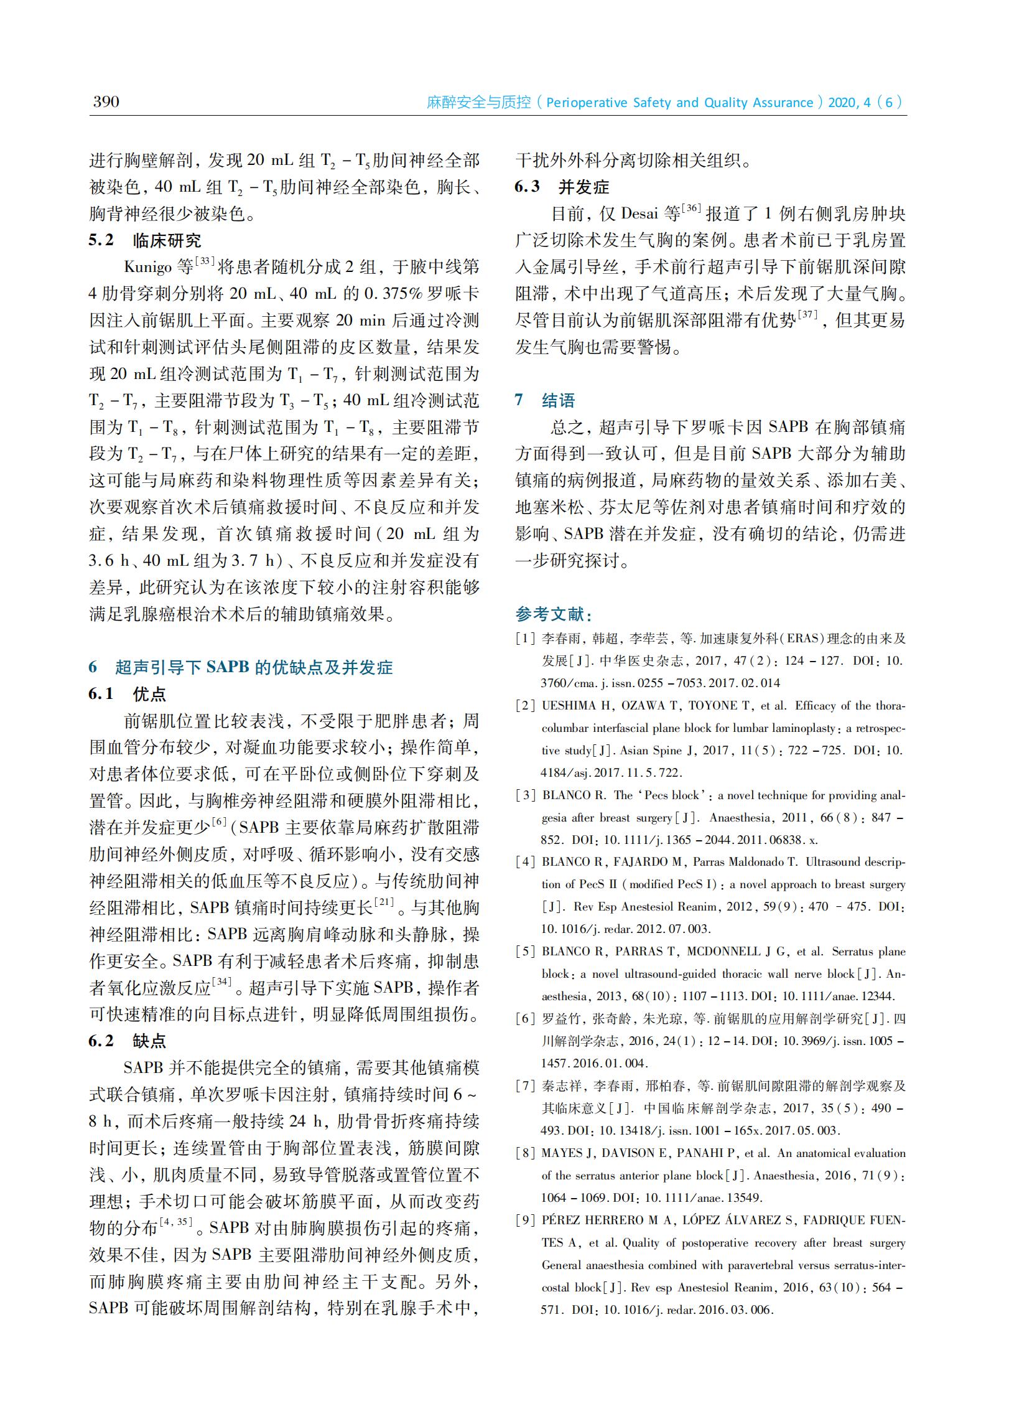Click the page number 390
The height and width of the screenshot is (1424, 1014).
coord(106,102)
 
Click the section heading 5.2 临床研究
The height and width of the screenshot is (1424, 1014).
coord(144,240)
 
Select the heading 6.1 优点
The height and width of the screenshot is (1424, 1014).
coord(127,694)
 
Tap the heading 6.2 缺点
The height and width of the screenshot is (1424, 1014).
coord(127,1041)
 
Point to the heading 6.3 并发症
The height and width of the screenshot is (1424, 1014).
coord(561,187)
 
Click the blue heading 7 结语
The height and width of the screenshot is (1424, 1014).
coord(544,400)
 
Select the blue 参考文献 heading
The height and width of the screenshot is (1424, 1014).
coord(554,614)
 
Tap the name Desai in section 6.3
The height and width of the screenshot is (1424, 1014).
coord(640,214)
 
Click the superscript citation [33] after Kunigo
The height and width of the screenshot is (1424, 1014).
coord(205,261)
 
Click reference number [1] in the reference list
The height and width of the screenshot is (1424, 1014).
coord(525,639)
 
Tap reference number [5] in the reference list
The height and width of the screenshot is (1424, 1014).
coord(525,951)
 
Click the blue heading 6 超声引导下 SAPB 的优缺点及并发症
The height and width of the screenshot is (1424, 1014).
coord(240,667)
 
